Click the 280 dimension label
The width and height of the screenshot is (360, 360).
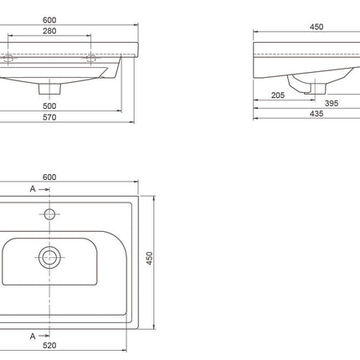click(x=49, y=31)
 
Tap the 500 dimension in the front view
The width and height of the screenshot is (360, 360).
click(x=49, y=106)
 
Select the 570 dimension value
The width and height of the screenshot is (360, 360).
click(x=49, y=117)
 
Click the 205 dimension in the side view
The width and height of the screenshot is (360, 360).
click(x=278, y=95)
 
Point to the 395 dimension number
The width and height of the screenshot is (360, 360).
click(x=332, y=104)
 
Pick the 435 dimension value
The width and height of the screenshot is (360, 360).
click(x=316, y=114)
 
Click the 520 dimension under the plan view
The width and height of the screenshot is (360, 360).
click(x=49, y=346)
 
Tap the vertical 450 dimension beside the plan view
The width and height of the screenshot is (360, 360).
click(x=150, y=258)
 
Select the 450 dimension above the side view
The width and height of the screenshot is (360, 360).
click(x=316, y=27)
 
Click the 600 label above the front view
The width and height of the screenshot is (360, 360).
click(x=49, y=20)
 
